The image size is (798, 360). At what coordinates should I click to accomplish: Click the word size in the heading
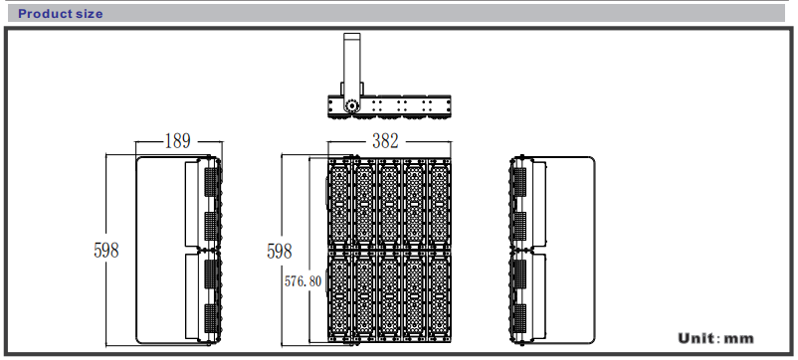coord(91,14)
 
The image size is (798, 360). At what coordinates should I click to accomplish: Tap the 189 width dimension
coord(178,141)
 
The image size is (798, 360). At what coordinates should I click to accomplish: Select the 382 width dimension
coord(385,141)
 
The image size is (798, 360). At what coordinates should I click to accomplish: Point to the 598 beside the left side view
coord(106,251)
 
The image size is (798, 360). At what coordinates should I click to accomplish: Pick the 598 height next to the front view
coord(280,251)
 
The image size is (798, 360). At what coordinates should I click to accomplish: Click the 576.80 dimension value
coord(302,281)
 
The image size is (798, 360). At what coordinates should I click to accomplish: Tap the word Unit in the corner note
coord(696,338)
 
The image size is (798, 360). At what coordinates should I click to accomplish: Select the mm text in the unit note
coord(738,340)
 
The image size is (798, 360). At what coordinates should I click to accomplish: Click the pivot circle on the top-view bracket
coord(350,105)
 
